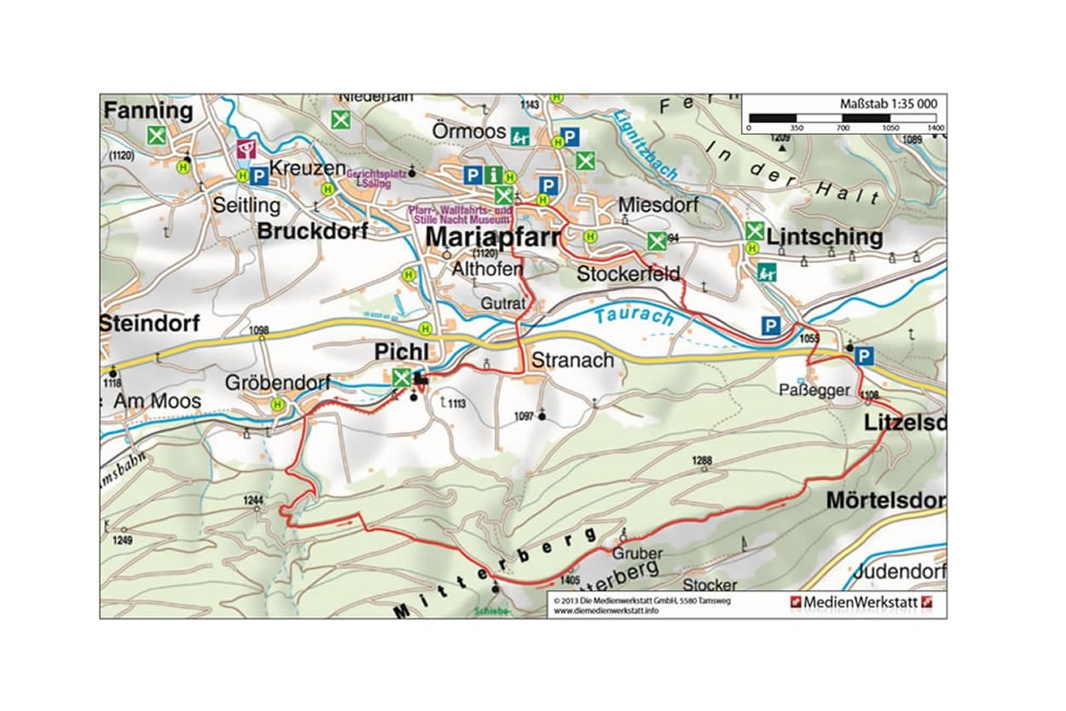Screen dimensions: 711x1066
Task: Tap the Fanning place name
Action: tap(148, 111)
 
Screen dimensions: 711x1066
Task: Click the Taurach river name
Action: tap(634, 316)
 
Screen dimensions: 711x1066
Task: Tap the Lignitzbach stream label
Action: tap(646, 145)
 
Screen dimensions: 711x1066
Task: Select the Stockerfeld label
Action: tap(628, 274)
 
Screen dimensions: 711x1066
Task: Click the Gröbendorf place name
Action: tap(277, 383)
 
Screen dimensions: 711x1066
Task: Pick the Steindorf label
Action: tap(149, 324)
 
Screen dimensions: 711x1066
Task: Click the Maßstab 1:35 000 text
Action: tap(889, 104)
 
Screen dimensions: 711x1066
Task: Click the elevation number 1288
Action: tap(701, 461)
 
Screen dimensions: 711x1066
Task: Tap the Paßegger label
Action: tap(814, 390)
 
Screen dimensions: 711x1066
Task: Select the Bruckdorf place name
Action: tap(312, 231)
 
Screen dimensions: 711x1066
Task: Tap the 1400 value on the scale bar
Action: tap(936, 127)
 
